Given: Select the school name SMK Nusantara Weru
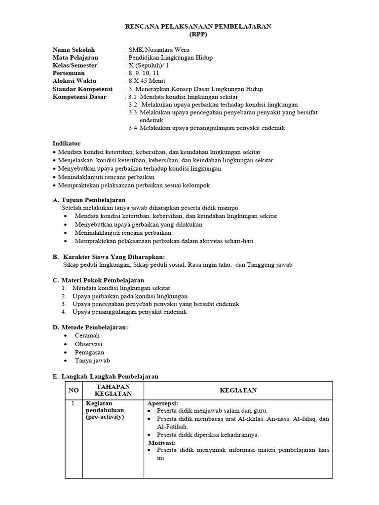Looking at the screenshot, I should (x=159, y=50).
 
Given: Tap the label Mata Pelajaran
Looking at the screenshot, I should (x=76, y=58).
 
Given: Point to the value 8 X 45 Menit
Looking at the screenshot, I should (x=147, y=81).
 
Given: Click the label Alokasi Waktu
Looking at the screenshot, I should (x=75, y=81).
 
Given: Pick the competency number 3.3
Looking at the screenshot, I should (x=133, y=112).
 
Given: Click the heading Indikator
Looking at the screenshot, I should (x=67, y=143).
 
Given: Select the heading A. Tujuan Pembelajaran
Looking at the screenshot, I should (x=89, y=200).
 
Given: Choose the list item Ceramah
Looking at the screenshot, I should (x=87, y=335).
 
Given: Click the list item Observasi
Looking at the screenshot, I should (x=88, y=344).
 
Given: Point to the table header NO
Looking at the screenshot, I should (x=74, y=390).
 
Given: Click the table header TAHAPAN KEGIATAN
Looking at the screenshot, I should (x=113, y=390).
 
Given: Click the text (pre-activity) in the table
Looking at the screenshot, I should (x=105, y=417).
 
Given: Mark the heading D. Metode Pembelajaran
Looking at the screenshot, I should (x=90, y=327).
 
